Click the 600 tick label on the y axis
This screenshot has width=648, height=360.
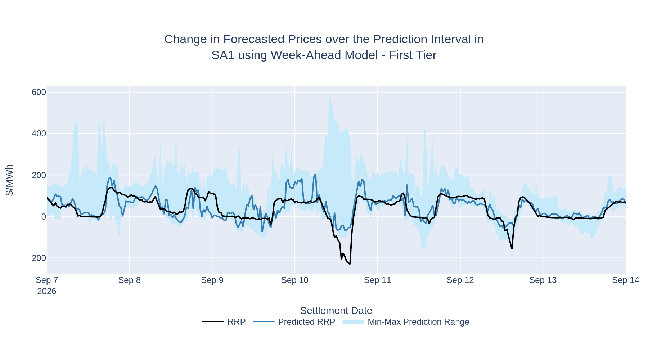[x=39, y=92]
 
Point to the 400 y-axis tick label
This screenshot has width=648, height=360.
[x=39, y=134]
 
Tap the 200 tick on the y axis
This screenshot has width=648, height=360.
[x=39, y=175]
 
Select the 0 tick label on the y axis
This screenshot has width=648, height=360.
[x=44, y=217]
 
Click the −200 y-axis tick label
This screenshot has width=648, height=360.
[x=36, y=258]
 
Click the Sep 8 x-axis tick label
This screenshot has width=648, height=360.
[x=129, y=280]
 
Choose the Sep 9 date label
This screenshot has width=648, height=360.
[x=212, y=280]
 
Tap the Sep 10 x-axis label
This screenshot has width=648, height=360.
[x=295, y=280]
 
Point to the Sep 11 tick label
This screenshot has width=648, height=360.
[x=377, y=280]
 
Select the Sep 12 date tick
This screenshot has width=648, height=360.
[x=460, y=280]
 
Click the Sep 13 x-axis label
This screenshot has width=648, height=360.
[x=543, y=280]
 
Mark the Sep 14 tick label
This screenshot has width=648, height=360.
[x=626, y=280]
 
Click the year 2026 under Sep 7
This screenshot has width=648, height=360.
[x=47, y=291]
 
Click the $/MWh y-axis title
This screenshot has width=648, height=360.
[x=10, y=180]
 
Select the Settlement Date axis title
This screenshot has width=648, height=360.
[x=336, y=310]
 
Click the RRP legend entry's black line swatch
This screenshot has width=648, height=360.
[x=213, y=321]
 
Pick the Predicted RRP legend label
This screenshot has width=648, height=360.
[x=307, y=322]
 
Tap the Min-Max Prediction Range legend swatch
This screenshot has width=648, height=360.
[x=353, y=322]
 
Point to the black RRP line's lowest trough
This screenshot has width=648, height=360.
[x=350, y=264]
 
